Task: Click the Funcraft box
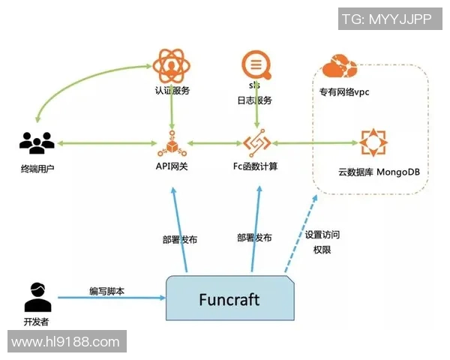(x=229, y=299)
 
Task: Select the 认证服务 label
(x=172, y=91)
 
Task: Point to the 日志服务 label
(x=254, y=100)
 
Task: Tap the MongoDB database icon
(x=372, y=142)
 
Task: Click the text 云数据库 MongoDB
(x=379, y=172)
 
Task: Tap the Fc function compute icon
(x=256, y=142)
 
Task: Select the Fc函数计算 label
(x=255, y=166)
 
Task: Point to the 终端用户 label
(x=37, y=169)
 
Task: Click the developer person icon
(x=37, y=297)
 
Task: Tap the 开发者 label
(x=35, y=323)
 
